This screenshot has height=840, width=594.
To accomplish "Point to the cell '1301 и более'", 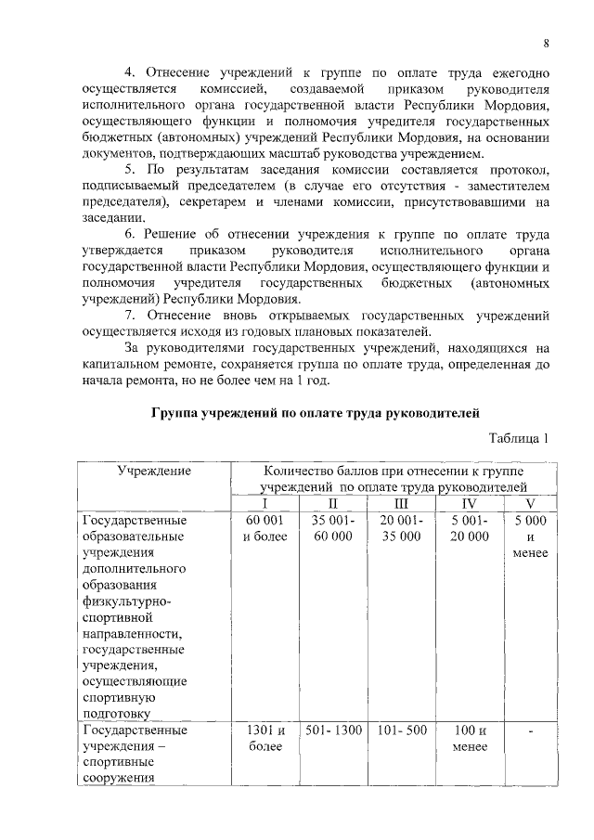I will coord(264,738).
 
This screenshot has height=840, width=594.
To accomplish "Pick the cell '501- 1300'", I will coord(332,730).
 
